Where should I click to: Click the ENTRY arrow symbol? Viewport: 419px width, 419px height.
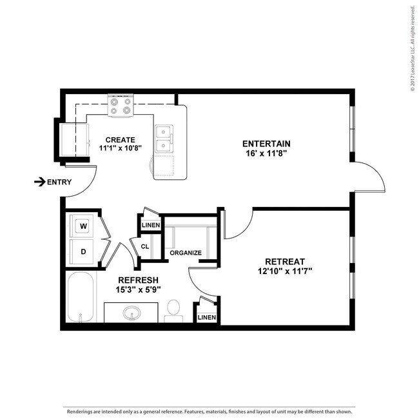[39, 182]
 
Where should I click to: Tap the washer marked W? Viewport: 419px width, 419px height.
[83, 226]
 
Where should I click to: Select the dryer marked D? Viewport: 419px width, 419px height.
[83, 251]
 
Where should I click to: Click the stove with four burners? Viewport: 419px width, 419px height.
[121, 106]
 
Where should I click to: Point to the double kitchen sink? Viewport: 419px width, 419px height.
[164, 139]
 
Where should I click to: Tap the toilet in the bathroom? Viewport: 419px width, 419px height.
[173, 309]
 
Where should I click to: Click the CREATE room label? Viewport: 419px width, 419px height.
[121, 140]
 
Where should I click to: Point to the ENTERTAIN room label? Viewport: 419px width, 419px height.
[266, 143]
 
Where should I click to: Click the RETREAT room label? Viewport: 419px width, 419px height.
[284, 261]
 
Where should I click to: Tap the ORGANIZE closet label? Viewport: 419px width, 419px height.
[186, 253]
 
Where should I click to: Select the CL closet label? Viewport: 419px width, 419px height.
[145, 246]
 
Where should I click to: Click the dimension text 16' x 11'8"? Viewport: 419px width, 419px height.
[266, 153]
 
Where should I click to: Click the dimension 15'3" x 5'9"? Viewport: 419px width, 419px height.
[134, 290]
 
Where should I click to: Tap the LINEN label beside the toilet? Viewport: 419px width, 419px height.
[207, 317]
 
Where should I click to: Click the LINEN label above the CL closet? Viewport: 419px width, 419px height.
[150, 225]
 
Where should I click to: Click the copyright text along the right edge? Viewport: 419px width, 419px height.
[411, 48]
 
